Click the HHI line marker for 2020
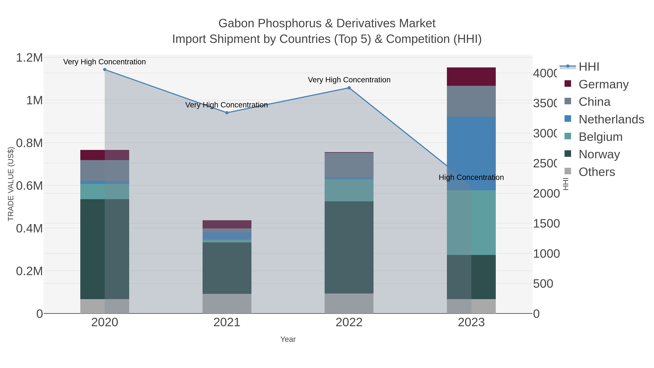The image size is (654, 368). (105, 70)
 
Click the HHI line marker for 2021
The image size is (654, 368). (227, 113)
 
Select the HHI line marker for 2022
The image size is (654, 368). (349, 88)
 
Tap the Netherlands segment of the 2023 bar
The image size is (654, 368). (471, 153)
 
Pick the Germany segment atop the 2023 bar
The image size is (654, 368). (471, 77)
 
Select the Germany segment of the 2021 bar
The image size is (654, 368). (227, 224)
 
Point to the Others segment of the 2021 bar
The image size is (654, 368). (227, 303)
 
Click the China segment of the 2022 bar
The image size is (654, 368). (349, 165)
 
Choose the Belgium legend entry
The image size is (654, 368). (600, 137)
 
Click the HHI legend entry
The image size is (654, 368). (589, 67)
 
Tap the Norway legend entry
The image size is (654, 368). (599, 154)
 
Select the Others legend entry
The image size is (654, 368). (597, 172)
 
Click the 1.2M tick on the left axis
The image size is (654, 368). (29, 58)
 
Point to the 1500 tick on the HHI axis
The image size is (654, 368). (546, 224)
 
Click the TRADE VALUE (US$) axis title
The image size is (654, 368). (11, 184)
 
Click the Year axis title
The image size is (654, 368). (288, 339)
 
